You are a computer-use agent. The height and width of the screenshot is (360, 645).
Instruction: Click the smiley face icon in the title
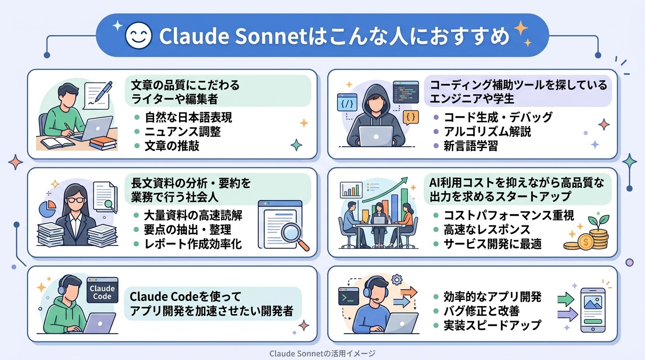139,36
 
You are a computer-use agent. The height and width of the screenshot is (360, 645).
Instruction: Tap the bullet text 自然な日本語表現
188,117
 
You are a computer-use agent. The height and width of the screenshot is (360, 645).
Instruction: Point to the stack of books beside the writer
103,142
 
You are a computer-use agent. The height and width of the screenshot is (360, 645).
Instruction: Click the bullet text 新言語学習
464,146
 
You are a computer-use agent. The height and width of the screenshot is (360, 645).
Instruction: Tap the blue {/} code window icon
347,103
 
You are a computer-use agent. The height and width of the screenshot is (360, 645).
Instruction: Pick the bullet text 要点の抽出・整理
187,230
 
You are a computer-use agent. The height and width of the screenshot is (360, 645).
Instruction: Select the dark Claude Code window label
102,291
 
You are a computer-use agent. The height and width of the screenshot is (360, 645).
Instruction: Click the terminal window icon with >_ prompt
348,297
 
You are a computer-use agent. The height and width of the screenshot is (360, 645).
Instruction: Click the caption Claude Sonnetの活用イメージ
322,354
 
